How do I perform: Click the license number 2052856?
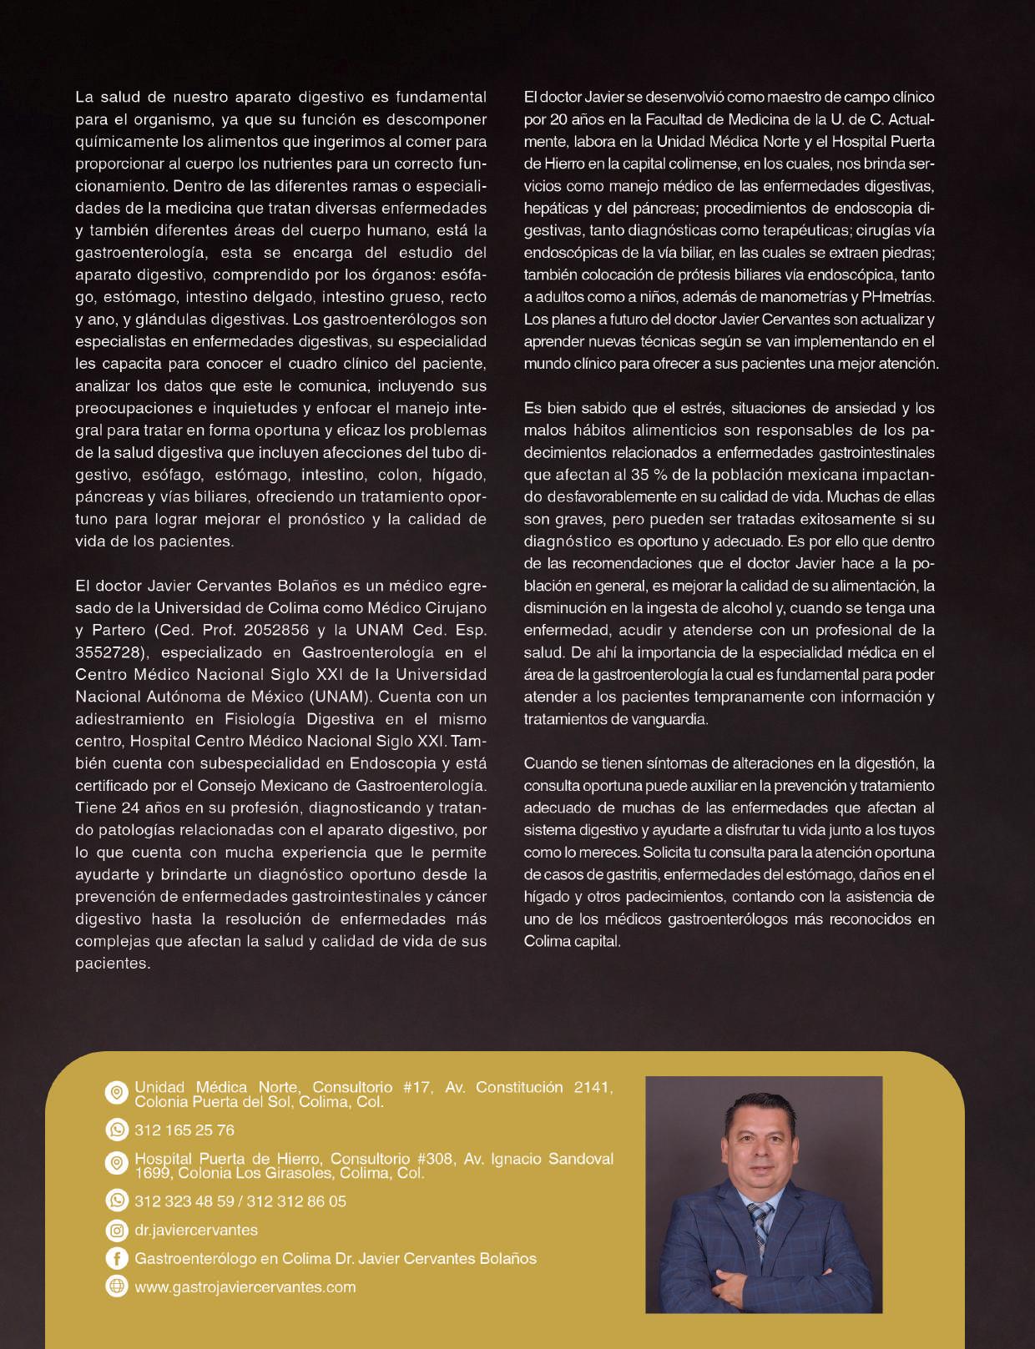click(276, 630)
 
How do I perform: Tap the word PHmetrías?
click(898, 297)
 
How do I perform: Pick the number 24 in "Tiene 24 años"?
click(129, 808)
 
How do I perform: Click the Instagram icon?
click(116, 1231)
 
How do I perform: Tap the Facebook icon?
click(116, 1259)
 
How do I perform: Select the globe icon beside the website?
click(116, 1286)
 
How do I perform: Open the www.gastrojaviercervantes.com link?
click(245, 1287)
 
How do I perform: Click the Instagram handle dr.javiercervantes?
click(196, 1231)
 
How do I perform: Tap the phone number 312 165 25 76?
click(184, 1130)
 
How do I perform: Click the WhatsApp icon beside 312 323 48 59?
click(116, 1201)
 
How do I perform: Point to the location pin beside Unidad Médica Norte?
click(116, 1092)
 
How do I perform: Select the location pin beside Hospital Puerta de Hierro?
click(116, 1163)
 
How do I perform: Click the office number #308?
click(434, 1159)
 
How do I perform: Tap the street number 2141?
click(593, 1087)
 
